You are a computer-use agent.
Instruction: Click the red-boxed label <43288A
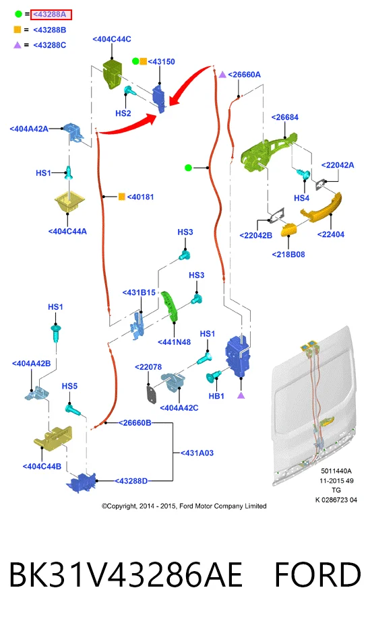tap(51, 15)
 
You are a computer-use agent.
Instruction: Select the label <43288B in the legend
tap(50, 30)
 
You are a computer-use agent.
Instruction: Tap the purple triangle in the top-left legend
tap(17, 45)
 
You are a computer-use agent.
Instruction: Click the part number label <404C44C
tap(112, 39)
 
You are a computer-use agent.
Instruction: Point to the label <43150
tap(161, 61)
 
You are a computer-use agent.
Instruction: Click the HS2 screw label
tap(123, 113)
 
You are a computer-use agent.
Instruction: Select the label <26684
tap(285, 117)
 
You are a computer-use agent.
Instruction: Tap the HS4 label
tap(302, 198)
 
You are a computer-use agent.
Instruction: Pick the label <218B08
tap(288, 255)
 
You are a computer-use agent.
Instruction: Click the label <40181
tap(140, 197)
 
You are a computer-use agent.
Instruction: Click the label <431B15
tap(139, 292)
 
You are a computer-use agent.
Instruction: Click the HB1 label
tap(216, 396)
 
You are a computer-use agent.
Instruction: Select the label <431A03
tap(197, 453)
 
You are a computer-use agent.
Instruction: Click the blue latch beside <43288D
tap(82, 482)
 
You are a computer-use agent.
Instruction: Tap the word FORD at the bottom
tap(317, 575)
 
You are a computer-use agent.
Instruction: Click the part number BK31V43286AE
tap(125, 575)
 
